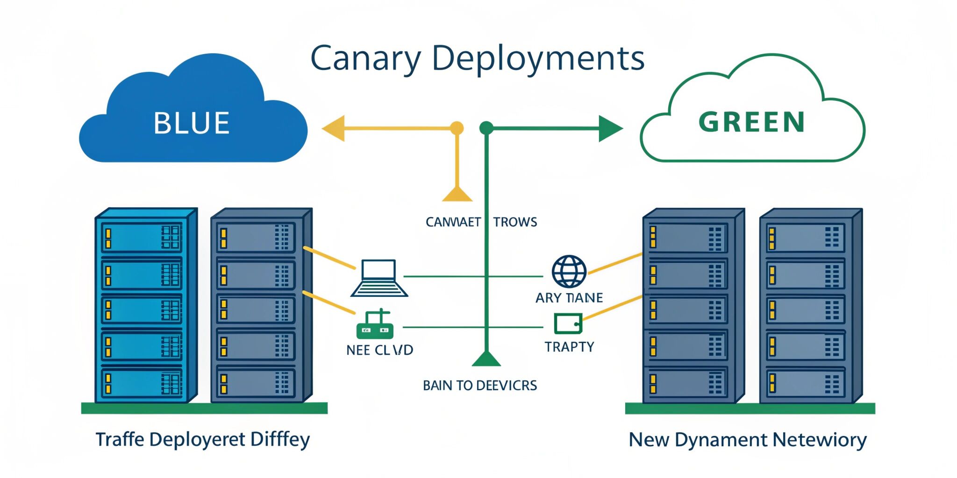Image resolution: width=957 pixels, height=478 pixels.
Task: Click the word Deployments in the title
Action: click(538, 59)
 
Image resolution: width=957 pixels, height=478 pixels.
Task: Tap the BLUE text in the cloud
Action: click(192, 123)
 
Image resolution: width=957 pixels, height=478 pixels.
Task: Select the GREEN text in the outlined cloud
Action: click(752, 122)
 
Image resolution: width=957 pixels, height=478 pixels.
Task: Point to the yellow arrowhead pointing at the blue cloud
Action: click(334, 128)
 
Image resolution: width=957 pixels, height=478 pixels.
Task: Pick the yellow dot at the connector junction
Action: click(457, 128)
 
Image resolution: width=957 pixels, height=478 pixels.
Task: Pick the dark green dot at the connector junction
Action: click(486, 128)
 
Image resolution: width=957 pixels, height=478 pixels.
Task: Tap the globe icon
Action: click(569, 272)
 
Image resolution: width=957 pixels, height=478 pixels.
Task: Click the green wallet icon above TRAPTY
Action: click(568, 323)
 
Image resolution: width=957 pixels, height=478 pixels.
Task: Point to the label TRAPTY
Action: click(569, 347)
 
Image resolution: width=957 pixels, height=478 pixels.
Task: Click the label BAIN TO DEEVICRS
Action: click(480, 386)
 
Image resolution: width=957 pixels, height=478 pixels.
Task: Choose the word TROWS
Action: click(515, 222)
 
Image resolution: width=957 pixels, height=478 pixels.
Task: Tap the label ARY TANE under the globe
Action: click(569, 298)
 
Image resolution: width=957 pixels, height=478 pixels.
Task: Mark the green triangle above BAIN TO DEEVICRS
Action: click(486, 359)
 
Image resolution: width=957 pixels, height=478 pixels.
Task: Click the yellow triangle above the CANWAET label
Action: click(457, 194)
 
